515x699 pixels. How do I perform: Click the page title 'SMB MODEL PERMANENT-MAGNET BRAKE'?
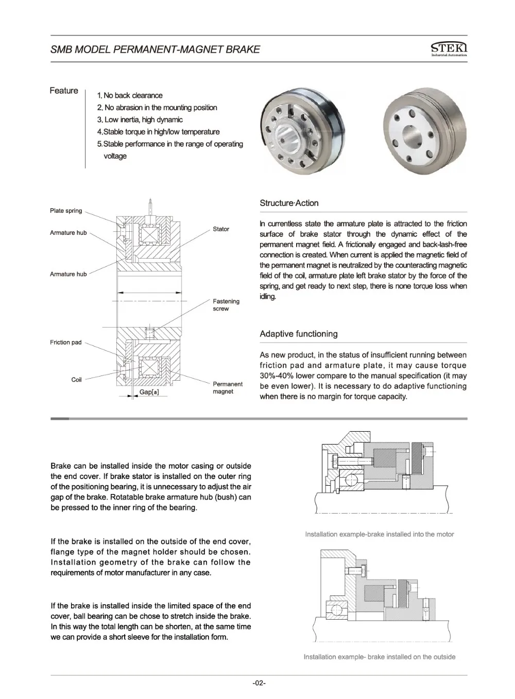point(155,49)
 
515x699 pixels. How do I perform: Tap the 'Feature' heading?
point(64,91)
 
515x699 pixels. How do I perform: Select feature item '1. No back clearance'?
point(130,95)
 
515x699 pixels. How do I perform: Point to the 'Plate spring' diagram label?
point(66,211)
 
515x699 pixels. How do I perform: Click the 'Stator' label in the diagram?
point(221,229)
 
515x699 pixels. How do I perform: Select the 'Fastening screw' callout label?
point(226,305)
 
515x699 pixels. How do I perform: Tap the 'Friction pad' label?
point(66,343)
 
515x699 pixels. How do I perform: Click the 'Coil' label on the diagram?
point(77,380)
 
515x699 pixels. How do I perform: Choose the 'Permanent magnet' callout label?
point(228,388)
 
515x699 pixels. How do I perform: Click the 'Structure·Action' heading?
point(289,203)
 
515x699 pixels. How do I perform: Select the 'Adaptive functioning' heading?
point(299,334)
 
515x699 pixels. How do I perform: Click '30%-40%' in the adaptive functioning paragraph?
point(276,376)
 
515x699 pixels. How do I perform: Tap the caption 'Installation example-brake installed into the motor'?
point(380,534)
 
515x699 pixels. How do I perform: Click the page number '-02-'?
point(259,683)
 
